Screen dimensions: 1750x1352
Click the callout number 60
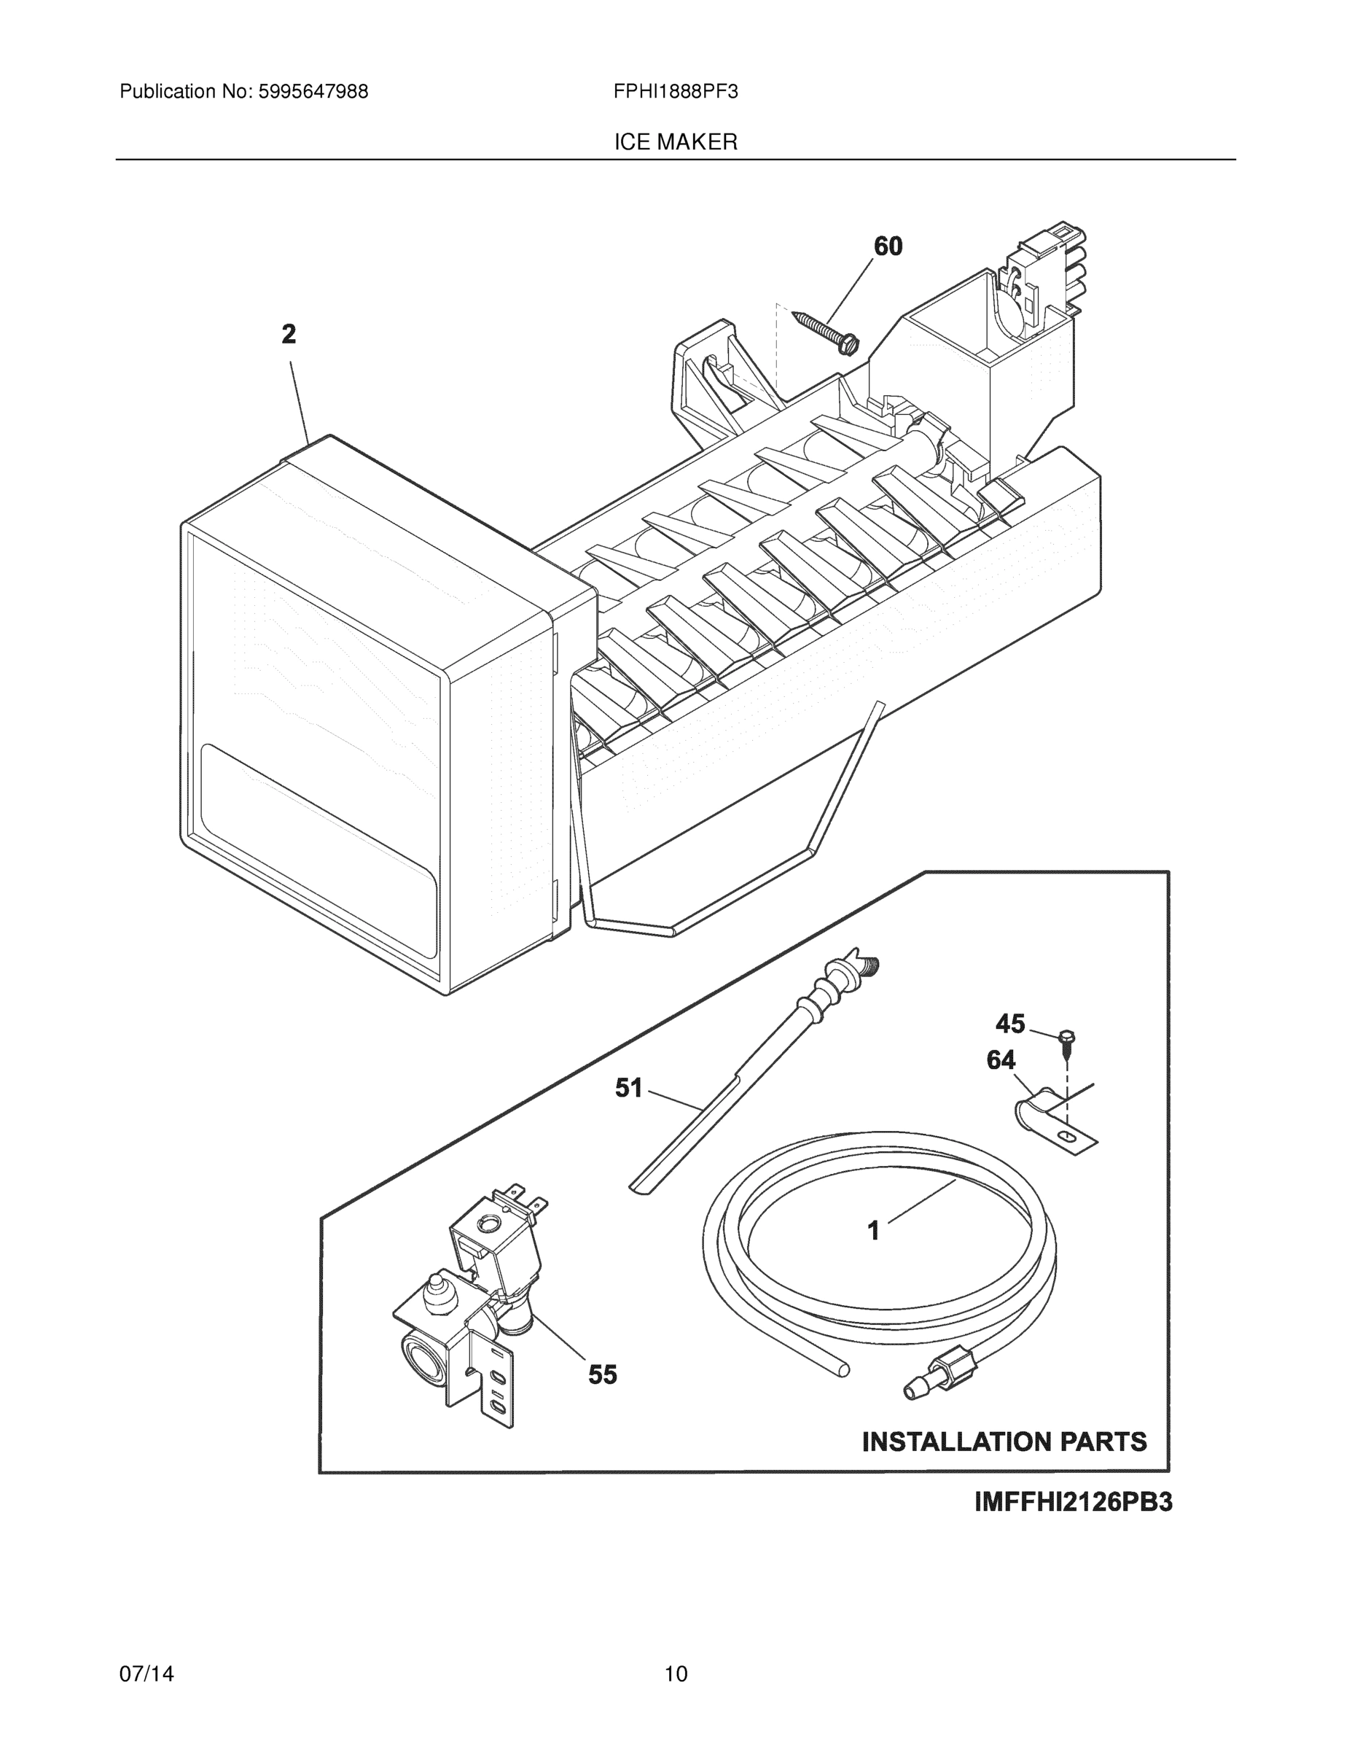coord(888,246)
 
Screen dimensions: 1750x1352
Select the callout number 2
coord(289,334)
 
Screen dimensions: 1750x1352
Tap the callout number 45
coord(1010,1023)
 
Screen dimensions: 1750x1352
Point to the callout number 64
coord(1001,1060)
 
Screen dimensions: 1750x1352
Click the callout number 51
coord(629,1087)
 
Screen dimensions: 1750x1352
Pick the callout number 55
coord(602,1375)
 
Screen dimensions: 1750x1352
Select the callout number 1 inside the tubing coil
coord(874,1230)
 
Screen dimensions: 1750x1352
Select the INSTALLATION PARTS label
coord(1004,1442)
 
